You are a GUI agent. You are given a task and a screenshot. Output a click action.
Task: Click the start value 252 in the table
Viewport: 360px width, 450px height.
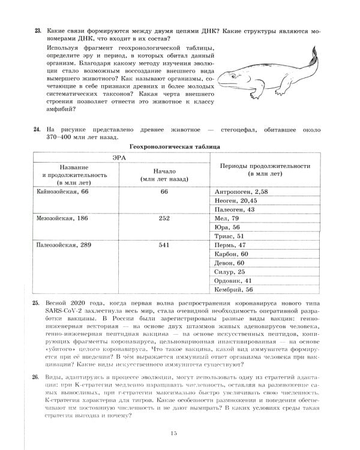pos(163,218)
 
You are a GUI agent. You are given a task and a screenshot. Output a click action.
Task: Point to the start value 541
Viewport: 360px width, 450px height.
pos(163,245)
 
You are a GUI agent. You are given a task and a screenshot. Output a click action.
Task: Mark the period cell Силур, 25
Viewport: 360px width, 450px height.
pos(229,272)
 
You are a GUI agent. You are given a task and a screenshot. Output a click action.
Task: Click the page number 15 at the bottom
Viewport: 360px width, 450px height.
pos(175,434)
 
